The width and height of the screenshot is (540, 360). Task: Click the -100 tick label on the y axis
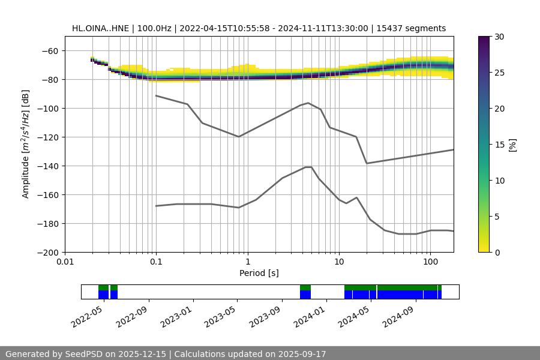(50, 109)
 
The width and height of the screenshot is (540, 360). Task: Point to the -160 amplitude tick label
(50, 195)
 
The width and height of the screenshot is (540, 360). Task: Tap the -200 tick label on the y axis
(50, 253)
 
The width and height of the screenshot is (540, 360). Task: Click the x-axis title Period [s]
(259, 273)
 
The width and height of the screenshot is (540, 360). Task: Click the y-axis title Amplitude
(26, 145)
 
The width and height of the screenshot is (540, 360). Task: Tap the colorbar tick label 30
(499, 37)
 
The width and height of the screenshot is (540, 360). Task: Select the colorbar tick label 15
(499, 145)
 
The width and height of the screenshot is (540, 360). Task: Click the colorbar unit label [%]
(512, 145)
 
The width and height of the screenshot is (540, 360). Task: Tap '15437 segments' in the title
(411, 28)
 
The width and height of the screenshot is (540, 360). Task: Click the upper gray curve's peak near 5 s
(308, 103)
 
